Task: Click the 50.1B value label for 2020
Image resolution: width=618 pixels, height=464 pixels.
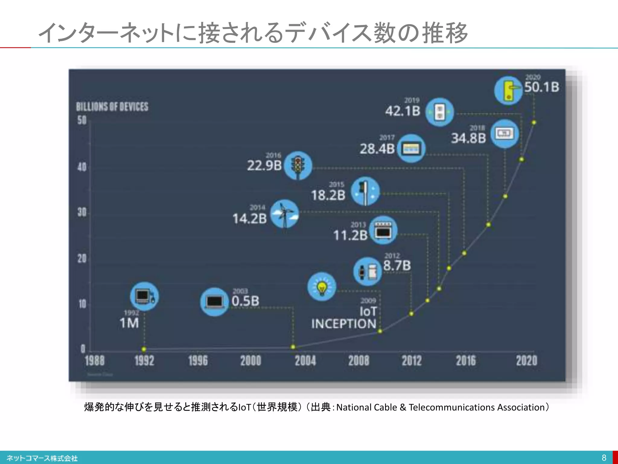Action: (541, 87)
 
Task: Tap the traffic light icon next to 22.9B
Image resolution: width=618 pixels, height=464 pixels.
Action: (298, 166)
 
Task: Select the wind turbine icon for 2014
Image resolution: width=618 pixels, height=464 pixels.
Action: (284, 214)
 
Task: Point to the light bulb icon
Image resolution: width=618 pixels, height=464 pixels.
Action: (322, 287)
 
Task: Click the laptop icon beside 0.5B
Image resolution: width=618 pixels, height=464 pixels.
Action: (214, 302)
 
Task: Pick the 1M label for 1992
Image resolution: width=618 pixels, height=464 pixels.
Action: (129, 323)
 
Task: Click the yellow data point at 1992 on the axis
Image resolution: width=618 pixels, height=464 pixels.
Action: (144, 349)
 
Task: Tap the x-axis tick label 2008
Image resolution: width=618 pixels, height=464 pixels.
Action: (358, 361)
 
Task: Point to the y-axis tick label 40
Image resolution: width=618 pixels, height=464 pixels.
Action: (82, 167)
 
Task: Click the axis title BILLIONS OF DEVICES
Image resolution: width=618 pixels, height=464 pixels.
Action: (112, 107)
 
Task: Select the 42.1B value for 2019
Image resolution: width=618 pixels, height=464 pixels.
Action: (403, 111)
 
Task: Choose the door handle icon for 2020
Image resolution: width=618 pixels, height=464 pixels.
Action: (508, 90)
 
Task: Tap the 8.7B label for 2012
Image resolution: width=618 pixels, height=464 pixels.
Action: (397, 266)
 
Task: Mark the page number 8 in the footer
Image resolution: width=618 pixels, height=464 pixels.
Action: (604, 458)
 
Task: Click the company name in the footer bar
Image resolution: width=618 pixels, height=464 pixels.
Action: (42, 458)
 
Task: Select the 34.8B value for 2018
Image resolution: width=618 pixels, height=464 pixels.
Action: (468, 138)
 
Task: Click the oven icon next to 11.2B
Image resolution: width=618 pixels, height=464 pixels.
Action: (383, 230)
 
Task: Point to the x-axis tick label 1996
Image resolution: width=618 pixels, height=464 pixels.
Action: (198, 361)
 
